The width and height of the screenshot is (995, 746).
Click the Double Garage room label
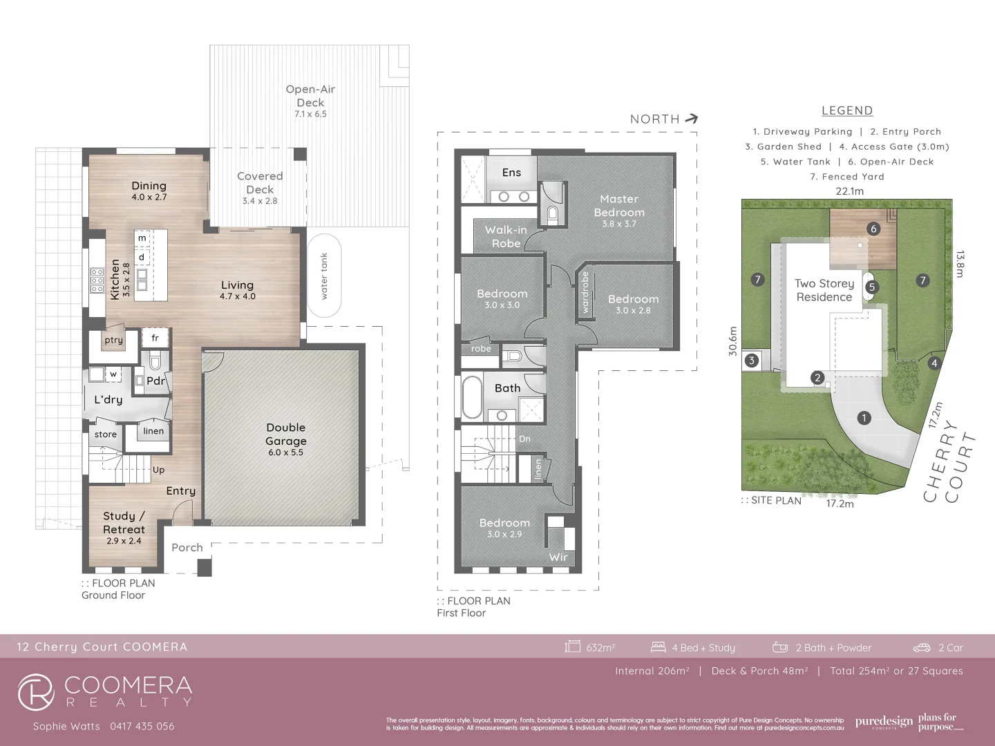[286, 434]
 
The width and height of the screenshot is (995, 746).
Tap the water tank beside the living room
[323, 276]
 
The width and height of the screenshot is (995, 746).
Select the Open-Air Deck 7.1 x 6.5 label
[310, 101]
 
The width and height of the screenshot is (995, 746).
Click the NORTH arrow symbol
[691, 119]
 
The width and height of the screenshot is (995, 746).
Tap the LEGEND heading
[847, 111]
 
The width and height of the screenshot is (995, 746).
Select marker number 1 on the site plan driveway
[863, 417]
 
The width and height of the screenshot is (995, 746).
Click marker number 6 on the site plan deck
[873, 229]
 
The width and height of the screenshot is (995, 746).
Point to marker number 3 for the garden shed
[751, 360]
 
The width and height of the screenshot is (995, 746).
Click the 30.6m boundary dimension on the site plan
[733, 341]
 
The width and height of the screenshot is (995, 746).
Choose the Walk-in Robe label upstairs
[506, 236]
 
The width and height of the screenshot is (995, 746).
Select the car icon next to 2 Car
[922, 647]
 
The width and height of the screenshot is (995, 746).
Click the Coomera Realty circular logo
[36, 692]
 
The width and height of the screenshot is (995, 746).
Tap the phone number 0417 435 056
[142, 726]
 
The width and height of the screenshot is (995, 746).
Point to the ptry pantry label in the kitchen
[113, 340]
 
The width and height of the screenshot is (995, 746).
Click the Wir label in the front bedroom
[558, 557]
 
